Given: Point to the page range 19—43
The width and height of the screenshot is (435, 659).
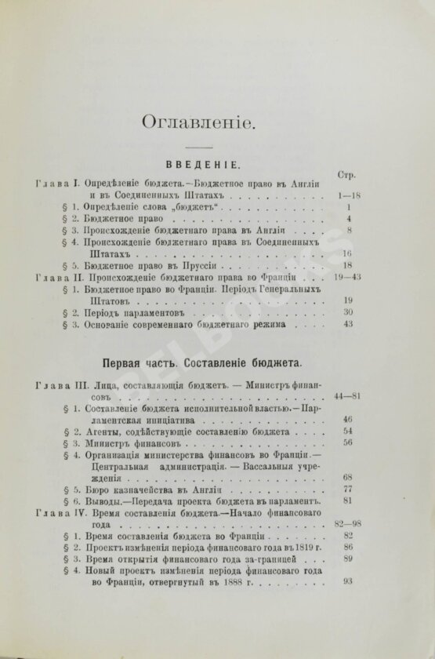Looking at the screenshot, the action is click(x=346, y=277).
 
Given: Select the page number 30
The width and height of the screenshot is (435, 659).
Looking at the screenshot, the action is click(x=349, y=312).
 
